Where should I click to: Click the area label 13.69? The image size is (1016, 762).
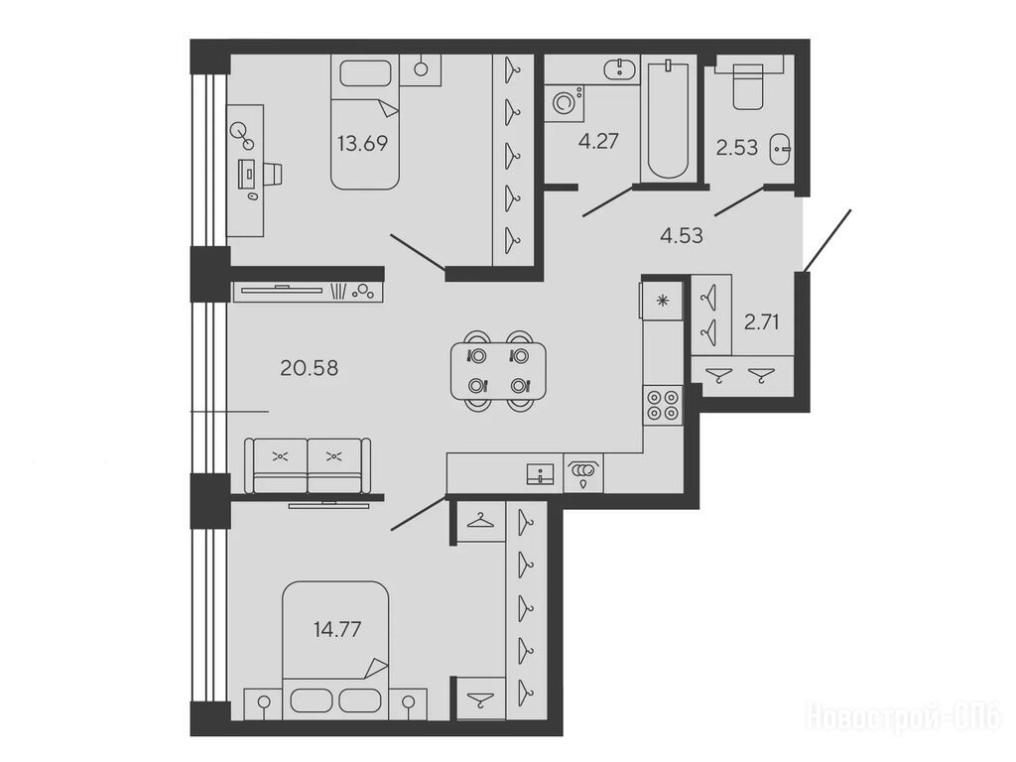point(362,143)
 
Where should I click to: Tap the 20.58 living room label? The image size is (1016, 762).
point(310,368)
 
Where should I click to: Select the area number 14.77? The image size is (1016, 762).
point(337,629)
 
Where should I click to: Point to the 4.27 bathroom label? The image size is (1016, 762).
point(598,141)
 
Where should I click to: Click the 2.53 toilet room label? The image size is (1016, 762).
point(737,147)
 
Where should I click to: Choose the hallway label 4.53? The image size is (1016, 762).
point(681,234)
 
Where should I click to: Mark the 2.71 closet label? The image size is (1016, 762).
point(761,321)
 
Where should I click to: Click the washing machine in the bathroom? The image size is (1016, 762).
point(564,102)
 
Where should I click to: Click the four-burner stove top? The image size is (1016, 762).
point(663,405)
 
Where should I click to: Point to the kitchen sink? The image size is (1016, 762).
point(541,473)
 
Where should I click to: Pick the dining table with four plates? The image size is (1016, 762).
point(498,371)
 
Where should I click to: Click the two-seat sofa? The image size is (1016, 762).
point(308,465)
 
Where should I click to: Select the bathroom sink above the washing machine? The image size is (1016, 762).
point(621,68)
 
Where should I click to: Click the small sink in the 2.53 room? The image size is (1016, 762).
point(780,148)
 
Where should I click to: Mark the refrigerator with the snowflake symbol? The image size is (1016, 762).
point(662,300)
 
